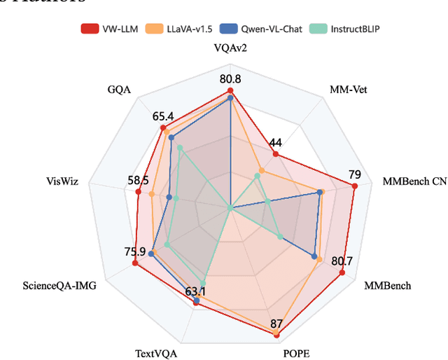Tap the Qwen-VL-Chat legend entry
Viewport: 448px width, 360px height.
pos(243,29)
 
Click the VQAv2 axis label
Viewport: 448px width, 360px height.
pos(231,48)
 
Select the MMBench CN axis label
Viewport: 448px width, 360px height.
pos(414,181)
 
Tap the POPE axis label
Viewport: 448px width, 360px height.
pos(296,354)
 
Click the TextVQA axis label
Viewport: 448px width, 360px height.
pos(155,354)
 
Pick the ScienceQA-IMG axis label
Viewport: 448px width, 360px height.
pos(59,286)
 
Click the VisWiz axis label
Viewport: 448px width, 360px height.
pos(62,181)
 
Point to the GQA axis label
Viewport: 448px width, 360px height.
pos(119,89)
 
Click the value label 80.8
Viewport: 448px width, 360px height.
pos(230,78)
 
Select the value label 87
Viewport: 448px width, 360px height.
pos(276,324)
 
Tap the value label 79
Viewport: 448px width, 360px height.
pos(355,174)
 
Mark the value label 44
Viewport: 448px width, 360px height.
pos(275,142)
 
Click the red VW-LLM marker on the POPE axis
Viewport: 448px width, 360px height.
pos(276,335)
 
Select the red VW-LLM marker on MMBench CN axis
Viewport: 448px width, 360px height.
pos(355,186)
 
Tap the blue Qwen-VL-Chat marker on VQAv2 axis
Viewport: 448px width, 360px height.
pos(231,99)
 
